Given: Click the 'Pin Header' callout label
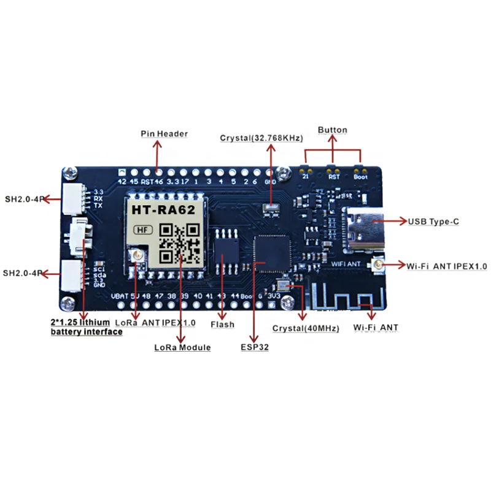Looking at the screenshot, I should click(x=164, y=133).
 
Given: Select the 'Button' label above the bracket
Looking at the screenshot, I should click(x=333, y=130).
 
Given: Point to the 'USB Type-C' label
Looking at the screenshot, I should click(x=433, y=221).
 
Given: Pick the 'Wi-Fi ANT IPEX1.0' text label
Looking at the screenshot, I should click(x=446, y=266).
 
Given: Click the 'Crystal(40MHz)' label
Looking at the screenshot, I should click(x=306, y=328).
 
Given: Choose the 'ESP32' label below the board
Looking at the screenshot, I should click(x=254, y=347).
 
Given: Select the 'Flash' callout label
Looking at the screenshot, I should click(x=222, y=324).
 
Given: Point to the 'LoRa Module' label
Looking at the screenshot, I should click(x=182, y=347).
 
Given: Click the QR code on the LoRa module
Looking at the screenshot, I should click(x=180, y=242).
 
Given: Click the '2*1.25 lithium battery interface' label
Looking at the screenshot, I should click(x=86, y=327).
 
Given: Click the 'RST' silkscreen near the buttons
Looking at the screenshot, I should click(x=334, y=176).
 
